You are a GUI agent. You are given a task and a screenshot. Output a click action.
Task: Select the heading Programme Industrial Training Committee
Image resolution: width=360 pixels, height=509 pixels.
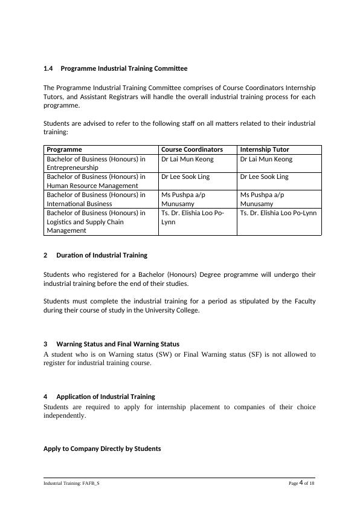(x=124, y=69)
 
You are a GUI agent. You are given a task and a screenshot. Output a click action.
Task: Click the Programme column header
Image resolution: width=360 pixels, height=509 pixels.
(x=65, y=149)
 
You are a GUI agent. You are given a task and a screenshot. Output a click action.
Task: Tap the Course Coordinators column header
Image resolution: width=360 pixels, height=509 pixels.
(x=192, y=149)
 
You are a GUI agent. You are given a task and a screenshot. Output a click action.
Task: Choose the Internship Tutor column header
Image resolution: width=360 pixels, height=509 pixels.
(x=265, y=149)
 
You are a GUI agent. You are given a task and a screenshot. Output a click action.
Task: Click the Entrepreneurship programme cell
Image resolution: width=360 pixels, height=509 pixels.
(x=96, y=163)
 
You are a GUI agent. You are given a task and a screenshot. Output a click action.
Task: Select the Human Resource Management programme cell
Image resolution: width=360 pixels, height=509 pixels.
(x=96, y=181)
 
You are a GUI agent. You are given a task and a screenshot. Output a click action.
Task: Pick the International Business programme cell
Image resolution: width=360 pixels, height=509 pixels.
(x=96, y=199)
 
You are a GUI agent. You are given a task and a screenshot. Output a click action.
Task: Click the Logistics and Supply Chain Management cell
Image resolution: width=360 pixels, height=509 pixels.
(x=96, y=221)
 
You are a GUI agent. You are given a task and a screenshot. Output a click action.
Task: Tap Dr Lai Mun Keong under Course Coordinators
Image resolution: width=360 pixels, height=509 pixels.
(x=187, y=159)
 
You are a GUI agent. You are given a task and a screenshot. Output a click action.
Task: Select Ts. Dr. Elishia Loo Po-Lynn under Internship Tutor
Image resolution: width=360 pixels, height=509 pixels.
(x=278, y=213)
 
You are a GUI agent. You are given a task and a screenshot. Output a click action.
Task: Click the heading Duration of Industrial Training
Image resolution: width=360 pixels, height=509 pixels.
(x=101, y=255)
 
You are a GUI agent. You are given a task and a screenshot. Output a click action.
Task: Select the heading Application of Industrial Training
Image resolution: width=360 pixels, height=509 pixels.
(x=106, y=397)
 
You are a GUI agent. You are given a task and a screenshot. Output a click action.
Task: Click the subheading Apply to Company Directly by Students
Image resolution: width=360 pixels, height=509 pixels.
(x=102, y=449)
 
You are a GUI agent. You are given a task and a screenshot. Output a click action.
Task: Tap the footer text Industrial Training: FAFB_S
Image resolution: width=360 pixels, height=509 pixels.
(x=71, y=484)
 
